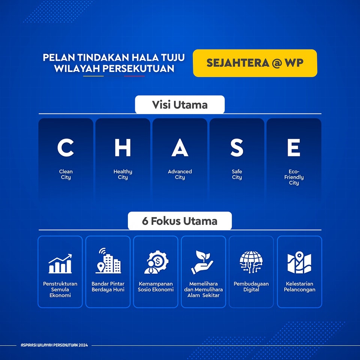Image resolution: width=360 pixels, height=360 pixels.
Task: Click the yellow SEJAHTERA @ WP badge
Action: click(x=255, y=63)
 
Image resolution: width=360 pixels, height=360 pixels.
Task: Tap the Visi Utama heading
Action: click(x=180, y=105)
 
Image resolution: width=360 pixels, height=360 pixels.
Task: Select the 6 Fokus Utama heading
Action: click(x=180, y=221)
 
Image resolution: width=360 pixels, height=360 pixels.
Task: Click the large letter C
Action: click(x=66, y=148)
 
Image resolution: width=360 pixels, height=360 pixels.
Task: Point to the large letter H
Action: click(x=123, y=148)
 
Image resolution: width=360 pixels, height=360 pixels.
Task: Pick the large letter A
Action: click(x=180, y=148)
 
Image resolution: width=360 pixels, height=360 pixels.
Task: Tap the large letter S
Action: click(x=237, y=148)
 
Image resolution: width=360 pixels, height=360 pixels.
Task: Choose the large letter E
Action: click(x=294, y=148)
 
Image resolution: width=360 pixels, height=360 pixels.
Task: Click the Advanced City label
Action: click(x=180, y=174)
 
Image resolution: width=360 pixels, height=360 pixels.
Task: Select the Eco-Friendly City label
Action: click(x=294, y=177)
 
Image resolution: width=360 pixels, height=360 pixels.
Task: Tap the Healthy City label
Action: click(x=123, y=174)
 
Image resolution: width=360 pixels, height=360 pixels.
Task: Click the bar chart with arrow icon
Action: click(x=60, y=264)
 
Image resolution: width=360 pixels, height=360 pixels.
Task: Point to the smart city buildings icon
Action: click(x=108, y=261)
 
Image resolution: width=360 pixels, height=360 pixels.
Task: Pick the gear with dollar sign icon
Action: click(x=156, y=262)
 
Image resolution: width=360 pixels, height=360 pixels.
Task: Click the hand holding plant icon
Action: click(x=202, y=262)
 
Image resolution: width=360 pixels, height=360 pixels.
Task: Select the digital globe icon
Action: click(x=251, y=262)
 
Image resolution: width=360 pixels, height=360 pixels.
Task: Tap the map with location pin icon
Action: click(x=299, y=262)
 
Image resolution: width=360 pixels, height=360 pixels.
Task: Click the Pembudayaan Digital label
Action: click(x=251, y=286)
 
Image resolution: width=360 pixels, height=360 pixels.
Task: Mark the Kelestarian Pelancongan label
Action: click(x=299, y=286)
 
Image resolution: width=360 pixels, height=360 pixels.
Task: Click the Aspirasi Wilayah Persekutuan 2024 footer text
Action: click(x=54, y=345)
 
